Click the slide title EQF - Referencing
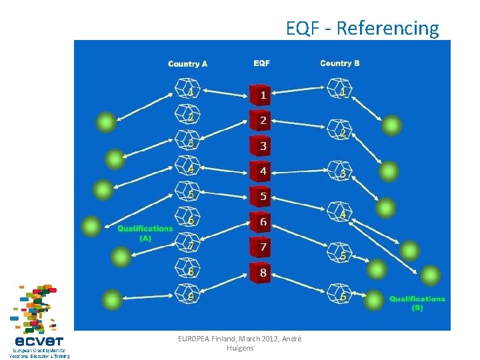362,28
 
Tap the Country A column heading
187,64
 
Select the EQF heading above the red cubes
261,63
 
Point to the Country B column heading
340,63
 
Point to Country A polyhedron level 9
187,293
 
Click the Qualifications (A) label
145,233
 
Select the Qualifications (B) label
417,303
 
